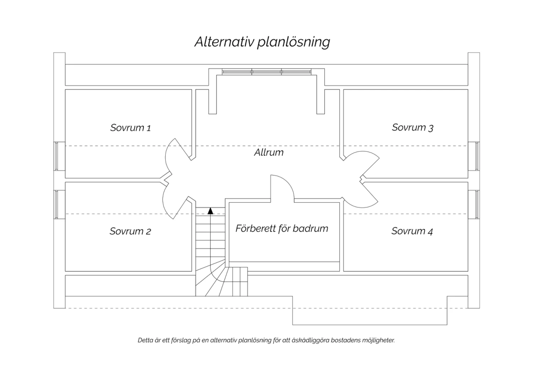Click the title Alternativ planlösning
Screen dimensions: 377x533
(x=262, y=42)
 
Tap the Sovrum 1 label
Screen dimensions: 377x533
(x=130, y=128)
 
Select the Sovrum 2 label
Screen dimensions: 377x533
(x=130, y=231)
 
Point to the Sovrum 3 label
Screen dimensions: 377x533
(x=412, y=127)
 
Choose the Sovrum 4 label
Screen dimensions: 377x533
(x=412, y=231)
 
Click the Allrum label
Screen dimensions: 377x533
(x=269, y=153)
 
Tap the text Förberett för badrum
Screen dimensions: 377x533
(x=282, y=228)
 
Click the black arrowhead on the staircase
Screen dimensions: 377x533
(x=210, y=211)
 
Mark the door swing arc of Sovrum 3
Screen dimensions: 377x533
(x=370, y=155)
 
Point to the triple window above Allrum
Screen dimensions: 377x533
(x=266, y=72)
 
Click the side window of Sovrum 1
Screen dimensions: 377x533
(x=56, y=156)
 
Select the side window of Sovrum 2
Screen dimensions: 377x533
(x=56, y=205)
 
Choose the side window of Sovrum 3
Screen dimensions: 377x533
(x=477, y=156)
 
